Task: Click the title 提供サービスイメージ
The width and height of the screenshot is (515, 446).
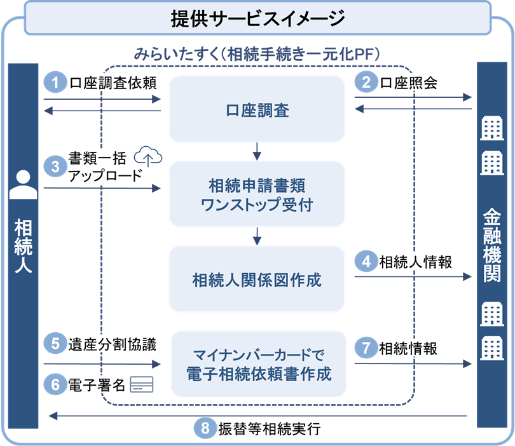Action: coord(257,18)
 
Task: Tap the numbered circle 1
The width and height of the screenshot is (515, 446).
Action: coord(56,83)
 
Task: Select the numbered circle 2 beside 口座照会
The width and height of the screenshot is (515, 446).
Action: coord(366,83)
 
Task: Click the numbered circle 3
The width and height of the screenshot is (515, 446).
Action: coord(56,166)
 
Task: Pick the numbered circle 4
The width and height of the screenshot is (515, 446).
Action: coord(366,261)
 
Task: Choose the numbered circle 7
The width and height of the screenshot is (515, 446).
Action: coord(366,348)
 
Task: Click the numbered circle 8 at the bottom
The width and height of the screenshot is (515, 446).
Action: coord(205,429)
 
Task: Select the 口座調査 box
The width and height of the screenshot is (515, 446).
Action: coord(257,109)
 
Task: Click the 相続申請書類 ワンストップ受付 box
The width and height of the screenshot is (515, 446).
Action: coord(257,194)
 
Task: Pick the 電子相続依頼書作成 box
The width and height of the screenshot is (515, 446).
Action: coord(257,364)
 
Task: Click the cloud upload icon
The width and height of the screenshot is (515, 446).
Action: coord(148,155)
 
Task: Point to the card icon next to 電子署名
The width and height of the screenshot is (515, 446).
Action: coord(138,386)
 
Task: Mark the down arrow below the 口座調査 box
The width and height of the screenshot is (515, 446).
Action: coord(257,151)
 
